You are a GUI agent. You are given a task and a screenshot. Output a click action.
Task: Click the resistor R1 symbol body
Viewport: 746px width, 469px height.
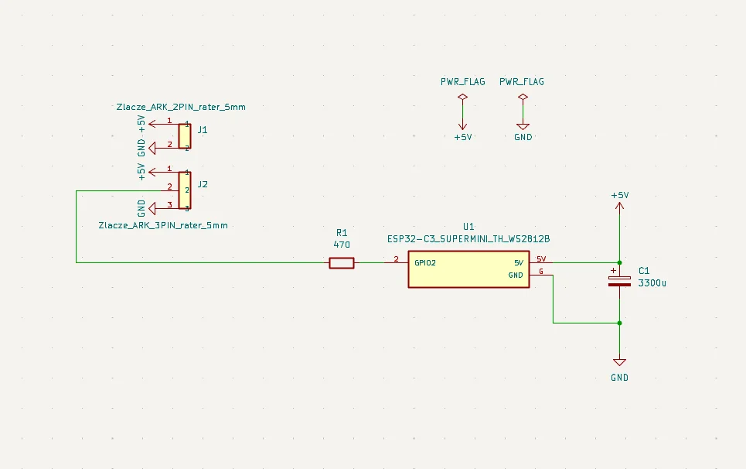tap(342, 263)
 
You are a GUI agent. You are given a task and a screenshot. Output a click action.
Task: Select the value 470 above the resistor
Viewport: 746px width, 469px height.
tap(342, 245)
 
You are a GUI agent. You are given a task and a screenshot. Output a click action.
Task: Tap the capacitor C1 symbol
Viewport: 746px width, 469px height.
tap(619, 279)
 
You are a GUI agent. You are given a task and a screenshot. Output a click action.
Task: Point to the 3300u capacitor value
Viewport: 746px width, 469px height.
tap(652, 283)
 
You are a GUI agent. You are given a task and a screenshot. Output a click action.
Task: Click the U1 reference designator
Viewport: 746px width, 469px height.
tap(468, 226)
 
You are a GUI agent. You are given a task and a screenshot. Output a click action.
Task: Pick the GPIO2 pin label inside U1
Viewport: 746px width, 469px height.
tap(425, 262)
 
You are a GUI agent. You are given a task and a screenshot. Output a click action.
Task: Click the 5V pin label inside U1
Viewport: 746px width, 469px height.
tap(519, 262)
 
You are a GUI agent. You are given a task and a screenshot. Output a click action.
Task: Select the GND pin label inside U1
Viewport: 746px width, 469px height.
tap(516, 275)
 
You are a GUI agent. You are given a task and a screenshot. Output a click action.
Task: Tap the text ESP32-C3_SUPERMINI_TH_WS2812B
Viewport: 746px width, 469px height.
tap(468, 239)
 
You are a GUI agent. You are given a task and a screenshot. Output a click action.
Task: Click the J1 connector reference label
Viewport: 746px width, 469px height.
tap(203, 130)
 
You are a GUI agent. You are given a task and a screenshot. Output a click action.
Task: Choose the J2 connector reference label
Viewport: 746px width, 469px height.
tap(203, 184)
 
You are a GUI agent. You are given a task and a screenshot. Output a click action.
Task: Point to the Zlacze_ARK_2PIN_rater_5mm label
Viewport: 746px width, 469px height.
tap(181, 107)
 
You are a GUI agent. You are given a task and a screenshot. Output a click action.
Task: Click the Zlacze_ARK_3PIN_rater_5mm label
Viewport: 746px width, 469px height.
tap(164, 225)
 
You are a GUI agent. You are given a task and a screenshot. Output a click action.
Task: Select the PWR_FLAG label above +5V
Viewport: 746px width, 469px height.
tap(463, 81)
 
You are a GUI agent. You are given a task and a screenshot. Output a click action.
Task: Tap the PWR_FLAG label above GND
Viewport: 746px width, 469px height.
tap(522, 81)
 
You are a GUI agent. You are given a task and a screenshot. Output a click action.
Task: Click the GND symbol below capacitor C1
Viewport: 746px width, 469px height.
tap(619, 362)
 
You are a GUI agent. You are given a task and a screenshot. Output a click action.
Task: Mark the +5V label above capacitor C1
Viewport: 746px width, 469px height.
tap(619, 196)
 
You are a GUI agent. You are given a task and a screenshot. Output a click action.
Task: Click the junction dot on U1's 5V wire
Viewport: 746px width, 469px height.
tap(619, 262)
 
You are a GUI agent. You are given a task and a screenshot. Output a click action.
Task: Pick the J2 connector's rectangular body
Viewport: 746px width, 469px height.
tap(185, 190)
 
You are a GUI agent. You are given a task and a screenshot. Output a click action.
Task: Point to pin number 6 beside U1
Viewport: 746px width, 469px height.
tap(541, 272)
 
